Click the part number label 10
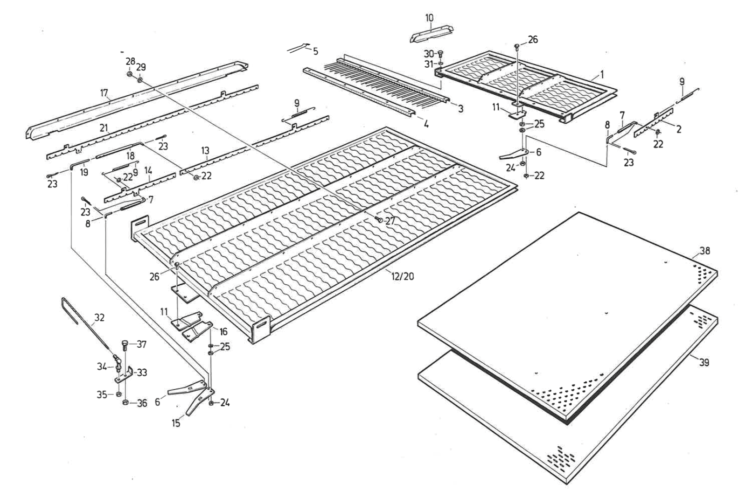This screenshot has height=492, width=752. [429, 18]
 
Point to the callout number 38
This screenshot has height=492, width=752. [704, 251]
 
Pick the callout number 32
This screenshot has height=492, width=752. [99, 317]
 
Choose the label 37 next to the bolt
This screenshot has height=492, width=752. [141, 344]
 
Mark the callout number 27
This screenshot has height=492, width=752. [390, 221]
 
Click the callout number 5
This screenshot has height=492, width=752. [316, 51]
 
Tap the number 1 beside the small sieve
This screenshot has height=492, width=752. [602, 74]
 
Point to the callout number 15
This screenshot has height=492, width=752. [175, 423]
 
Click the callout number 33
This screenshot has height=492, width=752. [141, 372]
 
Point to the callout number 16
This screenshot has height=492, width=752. [223, 331]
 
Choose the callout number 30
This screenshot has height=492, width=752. [429, 53]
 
